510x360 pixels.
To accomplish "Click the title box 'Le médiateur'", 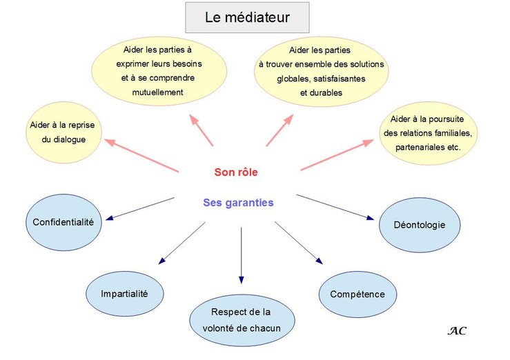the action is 247,17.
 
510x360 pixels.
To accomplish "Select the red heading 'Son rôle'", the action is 236,172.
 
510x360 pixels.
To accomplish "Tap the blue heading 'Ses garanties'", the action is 238,203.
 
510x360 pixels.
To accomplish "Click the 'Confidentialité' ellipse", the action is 63,223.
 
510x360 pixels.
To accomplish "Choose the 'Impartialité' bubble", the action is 125,294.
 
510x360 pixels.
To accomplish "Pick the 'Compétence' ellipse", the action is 357,294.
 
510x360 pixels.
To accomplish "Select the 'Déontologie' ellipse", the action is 420,225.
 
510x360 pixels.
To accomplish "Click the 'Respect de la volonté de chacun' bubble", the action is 242,320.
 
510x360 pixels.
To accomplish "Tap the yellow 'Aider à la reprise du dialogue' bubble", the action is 63,132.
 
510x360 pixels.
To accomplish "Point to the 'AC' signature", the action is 457,331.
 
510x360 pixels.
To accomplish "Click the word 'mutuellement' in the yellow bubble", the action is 158,92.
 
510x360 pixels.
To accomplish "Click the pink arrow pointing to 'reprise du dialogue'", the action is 141,155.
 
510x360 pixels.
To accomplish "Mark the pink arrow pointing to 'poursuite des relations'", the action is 337,154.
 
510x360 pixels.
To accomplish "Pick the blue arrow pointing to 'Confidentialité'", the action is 140,209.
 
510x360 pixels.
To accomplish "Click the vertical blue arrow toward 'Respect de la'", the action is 242,255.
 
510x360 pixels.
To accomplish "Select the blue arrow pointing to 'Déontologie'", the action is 335,208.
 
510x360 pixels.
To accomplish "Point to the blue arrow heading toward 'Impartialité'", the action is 182,243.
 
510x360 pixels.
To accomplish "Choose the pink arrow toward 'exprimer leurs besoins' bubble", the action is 202,130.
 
